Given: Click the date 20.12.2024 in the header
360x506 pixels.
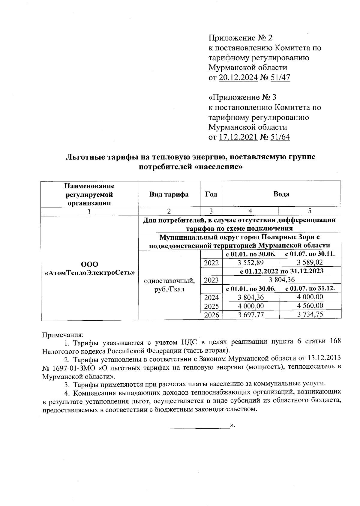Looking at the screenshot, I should click(238, 78).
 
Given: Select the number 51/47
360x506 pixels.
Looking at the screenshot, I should click(280, 78).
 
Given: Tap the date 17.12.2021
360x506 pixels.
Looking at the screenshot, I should click(238, 137).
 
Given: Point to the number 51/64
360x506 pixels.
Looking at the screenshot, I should click(280, 137).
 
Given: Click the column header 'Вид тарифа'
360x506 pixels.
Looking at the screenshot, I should click(169, 194).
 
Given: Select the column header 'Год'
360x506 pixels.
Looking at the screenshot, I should click(211, 194).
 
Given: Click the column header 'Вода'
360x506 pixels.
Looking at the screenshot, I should click(281, 194).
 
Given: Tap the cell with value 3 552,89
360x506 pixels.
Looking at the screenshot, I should click(250, 263).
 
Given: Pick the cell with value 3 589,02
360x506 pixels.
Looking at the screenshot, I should click(310, 263).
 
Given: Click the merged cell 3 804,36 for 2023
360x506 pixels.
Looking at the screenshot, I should click(281, 280).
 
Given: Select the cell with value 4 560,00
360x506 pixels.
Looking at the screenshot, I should click(310, 306).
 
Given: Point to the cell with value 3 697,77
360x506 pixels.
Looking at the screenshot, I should click(250, 314).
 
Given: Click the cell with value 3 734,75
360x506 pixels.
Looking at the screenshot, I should click(310, 314).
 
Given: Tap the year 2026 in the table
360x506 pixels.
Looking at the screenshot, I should click(211, 315).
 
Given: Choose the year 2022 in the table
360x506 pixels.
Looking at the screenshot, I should click(211, 263).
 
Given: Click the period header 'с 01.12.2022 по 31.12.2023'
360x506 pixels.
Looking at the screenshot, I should click(281, 271).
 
